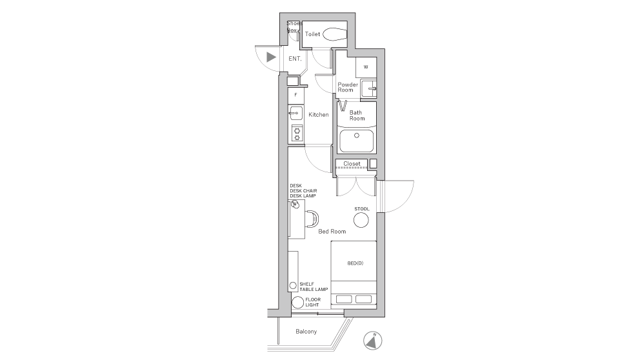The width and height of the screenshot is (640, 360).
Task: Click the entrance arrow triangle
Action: click(272, 57)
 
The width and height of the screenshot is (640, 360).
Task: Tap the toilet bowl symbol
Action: click(334, 34)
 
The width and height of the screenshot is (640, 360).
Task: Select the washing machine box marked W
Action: click(366, 67)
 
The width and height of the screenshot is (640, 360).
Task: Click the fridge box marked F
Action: click(295, 95)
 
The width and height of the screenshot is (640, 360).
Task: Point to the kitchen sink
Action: click(295, 114)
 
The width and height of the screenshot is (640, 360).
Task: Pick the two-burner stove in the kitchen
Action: click(296, 134)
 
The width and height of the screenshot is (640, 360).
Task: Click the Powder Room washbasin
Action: click(368, 88)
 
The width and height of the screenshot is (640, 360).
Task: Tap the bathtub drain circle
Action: click(355, 136)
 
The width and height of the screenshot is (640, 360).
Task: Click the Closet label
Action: click(352, 164)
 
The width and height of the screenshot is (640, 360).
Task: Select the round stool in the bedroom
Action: click(361, 220)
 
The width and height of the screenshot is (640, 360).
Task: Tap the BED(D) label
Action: click(355, 263)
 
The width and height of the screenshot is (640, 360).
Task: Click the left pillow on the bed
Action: click(343, 299)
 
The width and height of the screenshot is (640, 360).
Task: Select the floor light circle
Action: click(297, 303)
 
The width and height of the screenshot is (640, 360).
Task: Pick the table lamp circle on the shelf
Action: click(292, 285)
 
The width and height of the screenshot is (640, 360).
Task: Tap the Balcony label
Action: click(306, 332)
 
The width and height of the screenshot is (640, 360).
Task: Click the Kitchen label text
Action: click(319, 115)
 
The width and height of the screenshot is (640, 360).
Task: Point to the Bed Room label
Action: click(332, 231)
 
